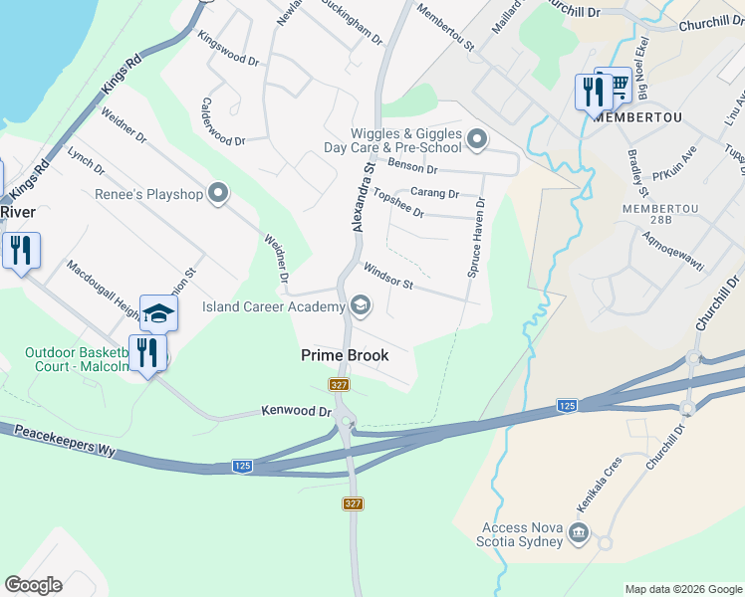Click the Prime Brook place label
[x=345, y=355]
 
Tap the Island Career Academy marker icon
[x=361, y=306]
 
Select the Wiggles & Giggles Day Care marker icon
[x=477, y=140]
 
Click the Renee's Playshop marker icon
[x=220, y=194]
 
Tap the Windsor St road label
[x=388, y=277]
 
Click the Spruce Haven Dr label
[x=477, y=237]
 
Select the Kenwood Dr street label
[x=296, y=410]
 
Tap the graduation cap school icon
[x=158, y=314]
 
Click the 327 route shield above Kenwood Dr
[x=340, y=384]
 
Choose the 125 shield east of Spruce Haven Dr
[x=566, y=405]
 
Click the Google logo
[x=33, y=585]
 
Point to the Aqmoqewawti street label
[x=673, y=258]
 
